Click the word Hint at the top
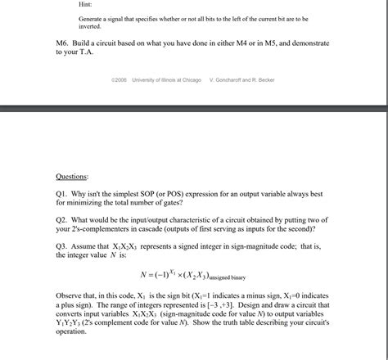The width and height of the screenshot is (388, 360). tap(85, 4)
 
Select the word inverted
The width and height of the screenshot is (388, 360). tap(91, 26)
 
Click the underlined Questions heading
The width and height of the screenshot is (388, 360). tap(72, 176)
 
